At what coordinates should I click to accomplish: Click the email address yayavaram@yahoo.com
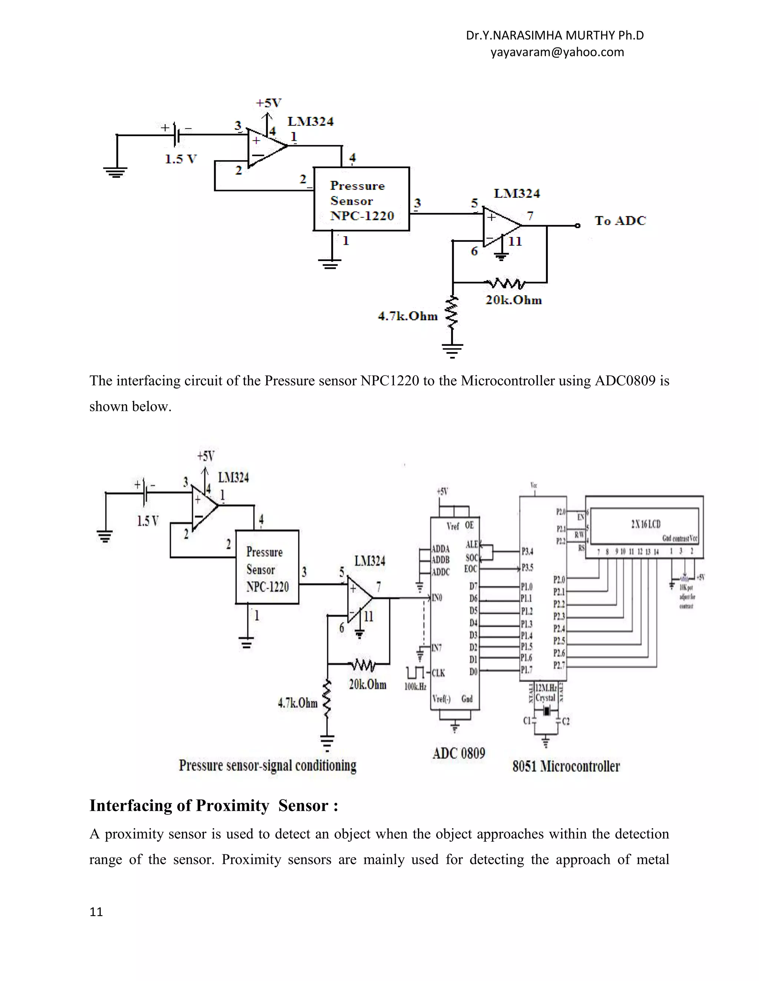point(557,52)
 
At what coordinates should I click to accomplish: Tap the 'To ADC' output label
point(620,221)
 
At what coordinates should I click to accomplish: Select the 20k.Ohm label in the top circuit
point(514,300)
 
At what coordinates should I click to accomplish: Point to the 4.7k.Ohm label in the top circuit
point(407,316)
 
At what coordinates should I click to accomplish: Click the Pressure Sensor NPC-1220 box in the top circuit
point(361,200)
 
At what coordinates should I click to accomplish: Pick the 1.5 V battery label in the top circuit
point(181,159)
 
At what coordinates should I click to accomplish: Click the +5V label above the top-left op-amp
point(268,103)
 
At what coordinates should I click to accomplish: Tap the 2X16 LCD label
point(645,524)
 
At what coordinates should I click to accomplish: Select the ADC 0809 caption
point(459,753)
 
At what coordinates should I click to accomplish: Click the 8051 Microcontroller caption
point(566,766)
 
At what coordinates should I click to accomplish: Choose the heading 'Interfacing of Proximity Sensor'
point(213,806)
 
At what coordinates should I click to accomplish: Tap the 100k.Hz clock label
point(415,686)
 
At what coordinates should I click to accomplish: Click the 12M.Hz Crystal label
point(546,693)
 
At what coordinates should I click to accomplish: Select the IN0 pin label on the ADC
point(437,598)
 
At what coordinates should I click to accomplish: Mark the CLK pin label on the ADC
point(438,673)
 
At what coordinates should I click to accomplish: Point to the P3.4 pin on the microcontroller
point(527,551)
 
